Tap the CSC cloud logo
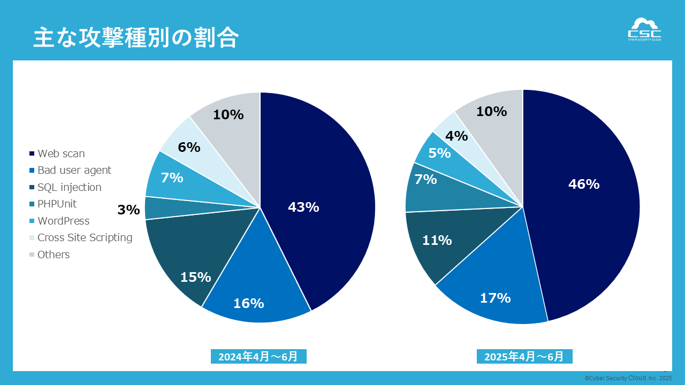[644, 29]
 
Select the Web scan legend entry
[61, 153]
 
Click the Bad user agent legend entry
[74, 170]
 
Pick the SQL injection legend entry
[69, 187]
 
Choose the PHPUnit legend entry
[57, 204]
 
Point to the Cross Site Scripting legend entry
[85, 237]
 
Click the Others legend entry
[54, 255]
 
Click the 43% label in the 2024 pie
[303, 207]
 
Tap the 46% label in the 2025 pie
[584, 184]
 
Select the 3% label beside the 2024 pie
[128, 210]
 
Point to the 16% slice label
[249, 303]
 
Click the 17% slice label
[495, 298]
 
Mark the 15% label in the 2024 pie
[195, 277]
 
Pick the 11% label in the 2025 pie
[437, 241]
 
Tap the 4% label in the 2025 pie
[456, 136]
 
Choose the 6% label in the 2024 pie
[189, 147]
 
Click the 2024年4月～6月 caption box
[258, 357]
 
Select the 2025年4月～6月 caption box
[524, 357]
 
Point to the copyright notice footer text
[628, 378]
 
